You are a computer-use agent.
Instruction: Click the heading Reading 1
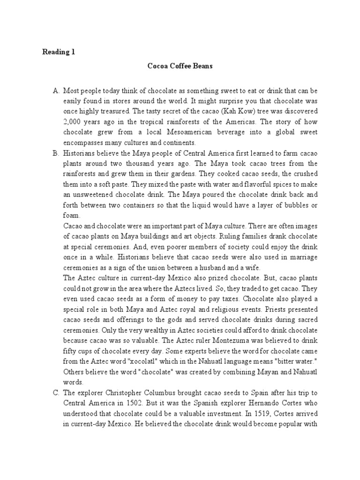click(x=58, y=52)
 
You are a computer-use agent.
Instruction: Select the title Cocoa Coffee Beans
click(x=180, y=66)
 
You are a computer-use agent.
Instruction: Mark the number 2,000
click(x=73, y=121)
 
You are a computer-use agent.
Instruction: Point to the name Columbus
click(x=145, y=392)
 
